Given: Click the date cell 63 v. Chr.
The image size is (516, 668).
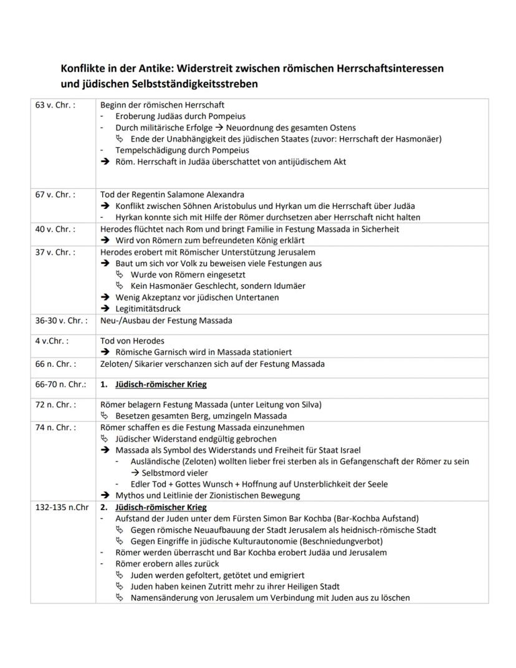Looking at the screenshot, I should pyautogui.click(x=55, y=105).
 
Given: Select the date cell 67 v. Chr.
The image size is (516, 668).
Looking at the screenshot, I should pyautogui.click(x=55, y=195).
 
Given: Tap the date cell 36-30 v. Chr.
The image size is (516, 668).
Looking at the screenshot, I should pyautogui.click(x=61, y=320).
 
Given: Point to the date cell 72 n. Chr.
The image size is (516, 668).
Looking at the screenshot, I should pyautogui.click(x=55, y=404).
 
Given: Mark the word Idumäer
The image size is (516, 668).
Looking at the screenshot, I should pyautogui.click(x=289, y=286).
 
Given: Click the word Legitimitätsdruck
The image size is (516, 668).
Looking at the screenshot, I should pyautogui.click(x=148, y=309).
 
